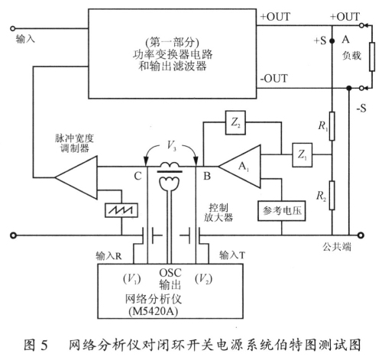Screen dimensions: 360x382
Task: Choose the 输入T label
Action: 235,255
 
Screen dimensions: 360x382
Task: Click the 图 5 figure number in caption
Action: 51,342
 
